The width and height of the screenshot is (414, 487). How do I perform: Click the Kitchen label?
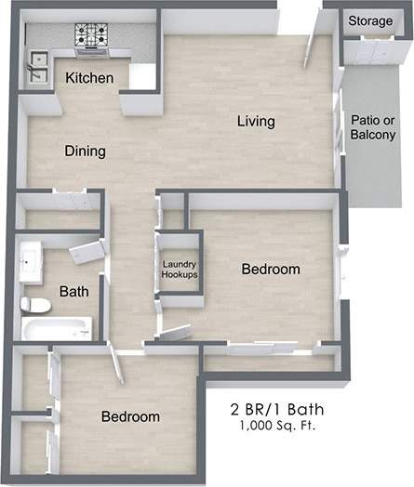pyautogui.click(x=89, y=78)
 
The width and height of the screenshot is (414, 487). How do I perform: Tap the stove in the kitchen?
pyautogui.click(x=93, y=37)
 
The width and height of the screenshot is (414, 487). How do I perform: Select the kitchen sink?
pyautogui.click(x=40, y=64)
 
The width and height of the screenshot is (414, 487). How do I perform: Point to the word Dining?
pyautogui.click(x=85, y=151)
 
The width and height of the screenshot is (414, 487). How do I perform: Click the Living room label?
pyautogui.click(x=256, y=122)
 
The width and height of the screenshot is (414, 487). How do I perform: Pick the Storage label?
pyautogui.click(x=369, y=20)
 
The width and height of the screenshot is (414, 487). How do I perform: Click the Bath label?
pyautogui.click(x=73, y=292)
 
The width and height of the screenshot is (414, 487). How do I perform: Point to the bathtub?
pyautogui.click(x=57, y=328)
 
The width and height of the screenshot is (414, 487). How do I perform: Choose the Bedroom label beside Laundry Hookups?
pyautogui.click(x=270, y=270)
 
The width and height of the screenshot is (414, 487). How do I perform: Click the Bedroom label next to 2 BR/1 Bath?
pyautogui.click(x=130, y=416)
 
